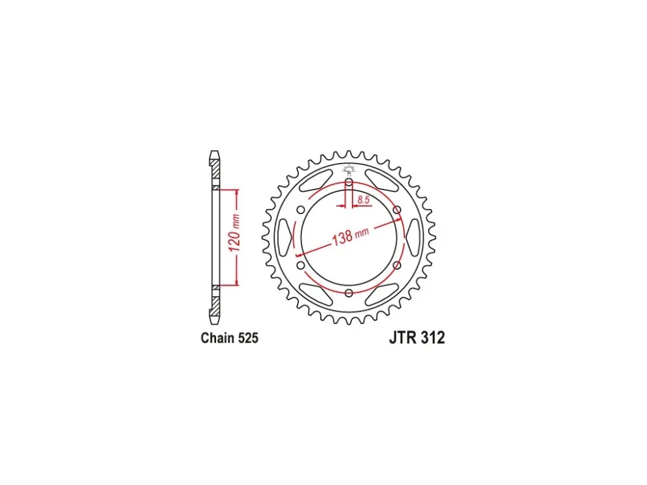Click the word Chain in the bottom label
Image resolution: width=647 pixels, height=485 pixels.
pos(216,338)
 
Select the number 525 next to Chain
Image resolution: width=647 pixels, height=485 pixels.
pos(247,338)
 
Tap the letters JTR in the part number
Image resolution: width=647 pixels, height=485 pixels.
pos(402,338)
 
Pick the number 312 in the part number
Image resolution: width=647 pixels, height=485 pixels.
pos(432,338)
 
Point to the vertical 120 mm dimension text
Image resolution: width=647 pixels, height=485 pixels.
pos(234,233)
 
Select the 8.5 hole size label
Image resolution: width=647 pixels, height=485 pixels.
pos(364,200)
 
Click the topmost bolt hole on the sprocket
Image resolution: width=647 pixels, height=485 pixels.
pos(349,182)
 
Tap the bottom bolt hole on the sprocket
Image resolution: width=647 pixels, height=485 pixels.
pos(349,293)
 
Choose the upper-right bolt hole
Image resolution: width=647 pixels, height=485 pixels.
pos(397,210)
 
